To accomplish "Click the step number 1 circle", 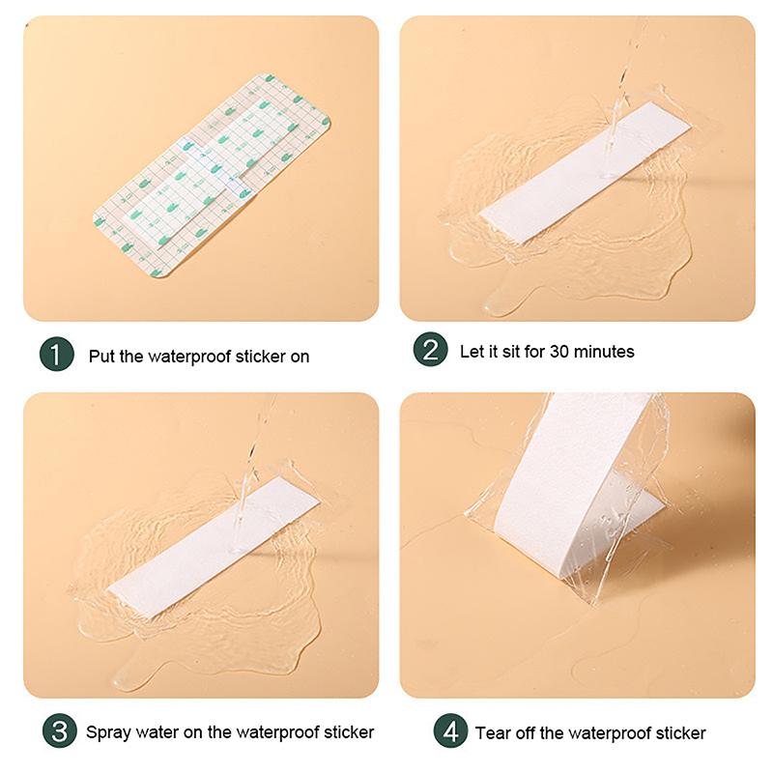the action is tap(57, 354).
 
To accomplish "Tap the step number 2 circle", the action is tap(430, 349).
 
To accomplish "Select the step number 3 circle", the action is tap(59, 730).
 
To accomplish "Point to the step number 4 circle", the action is tap(450, 730).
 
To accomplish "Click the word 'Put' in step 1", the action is tap(102, 356).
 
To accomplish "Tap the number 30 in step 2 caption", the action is tap(559, 352).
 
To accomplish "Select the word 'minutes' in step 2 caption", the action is tap(605, 352).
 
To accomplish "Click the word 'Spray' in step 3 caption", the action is tap(108, 733).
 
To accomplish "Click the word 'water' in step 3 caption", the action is tap(157, 732).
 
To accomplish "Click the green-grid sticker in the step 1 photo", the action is tap(212, 176).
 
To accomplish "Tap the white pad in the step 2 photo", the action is tap(585, 173).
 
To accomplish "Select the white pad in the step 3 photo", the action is tap(214, 547).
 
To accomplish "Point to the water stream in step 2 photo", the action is tap(623, 94).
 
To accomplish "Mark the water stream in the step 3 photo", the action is tap(254, 469).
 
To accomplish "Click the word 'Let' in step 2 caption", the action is tap(472, 352).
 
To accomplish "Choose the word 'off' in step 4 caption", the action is tap(527, 733).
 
